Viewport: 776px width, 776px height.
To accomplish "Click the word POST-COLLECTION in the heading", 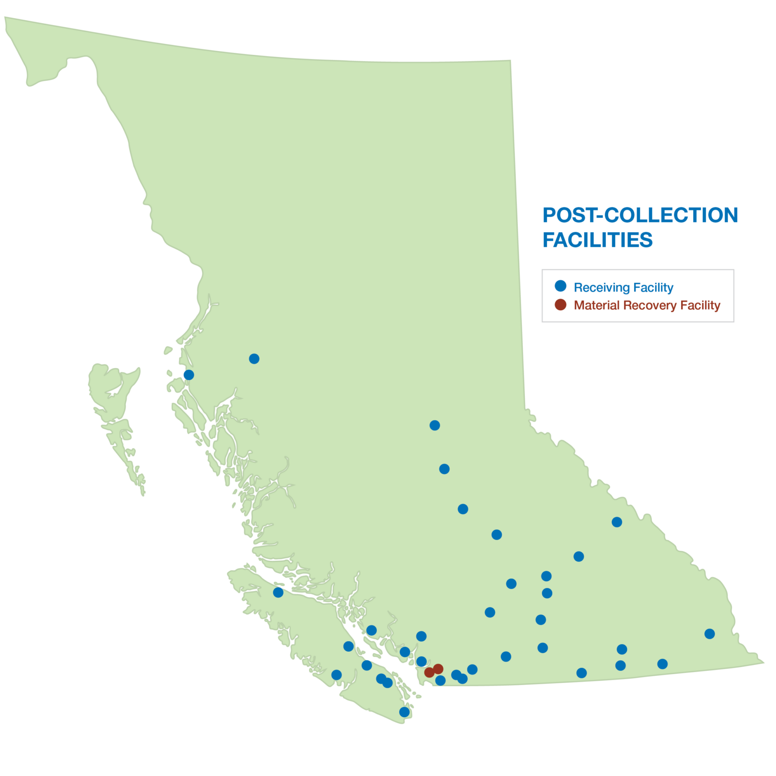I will coord(640,216).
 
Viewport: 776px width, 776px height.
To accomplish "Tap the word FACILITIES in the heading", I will coord(598,240).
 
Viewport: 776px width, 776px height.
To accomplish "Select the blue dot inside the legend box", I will coord(560,286).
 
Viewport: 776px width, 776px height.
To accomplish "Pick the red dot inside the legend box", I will coord(560,305).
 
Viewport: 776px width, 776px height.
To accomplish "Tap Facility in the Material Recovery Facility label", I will coord(700,305).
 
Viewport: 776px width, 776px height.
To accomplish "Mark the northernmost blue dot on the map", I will coord(254,359).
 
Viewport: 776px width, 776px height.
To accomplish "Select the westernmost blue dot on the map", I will coord(188,375).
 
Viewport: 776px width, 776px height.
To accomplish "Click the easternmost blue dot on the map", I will coord(709,634).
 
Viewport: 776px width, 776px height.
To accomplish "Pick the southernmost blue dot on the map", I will coord(404,712).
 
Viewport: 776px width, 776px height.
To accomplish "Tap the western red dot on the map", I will coord(429,672).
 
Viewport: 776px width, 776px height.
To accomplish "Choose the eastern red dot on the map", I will coord(439,669).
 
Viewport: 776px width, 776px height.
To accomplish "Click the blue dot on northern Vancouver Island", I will coord(278,592).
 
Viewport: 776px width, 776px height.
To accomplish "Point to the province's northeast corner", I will coord(510,61).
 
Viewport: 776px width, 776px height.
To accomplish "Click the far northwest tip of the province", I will coord(6,18).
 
